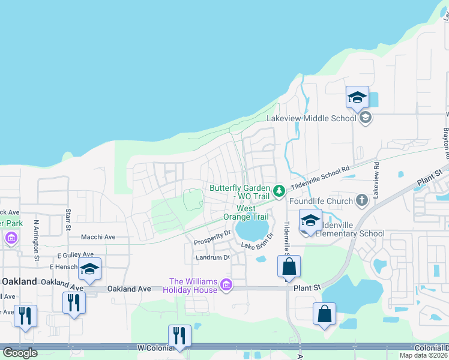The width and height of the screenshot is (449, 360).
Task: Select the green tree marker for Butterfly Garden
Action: coord(279,191)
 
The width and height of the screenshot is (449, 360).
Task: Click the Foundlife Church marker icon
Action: coord(361,199)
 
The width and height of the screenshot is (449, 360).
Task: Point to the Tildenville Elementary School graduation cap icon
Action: coord(310,220)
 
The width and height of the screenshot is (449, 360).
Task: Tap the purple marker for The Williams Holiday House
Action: coord(226,284)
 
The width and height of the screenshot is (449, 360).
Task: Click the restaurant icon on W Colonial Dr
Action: coord(179,336)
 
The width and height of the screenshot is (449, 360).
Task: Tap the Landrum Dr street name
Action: coord(212,257)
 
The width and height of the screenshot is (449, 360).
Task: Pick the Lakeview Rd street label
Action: coord(376,179)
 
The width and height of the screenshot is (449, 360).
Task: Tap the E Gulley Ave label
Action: coord(76,255)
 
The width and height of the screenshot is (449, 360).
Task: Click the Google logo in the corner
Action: coord(20,353)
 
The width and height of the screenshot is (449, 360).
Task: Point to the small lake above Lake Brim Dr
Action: coord(253,229)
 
